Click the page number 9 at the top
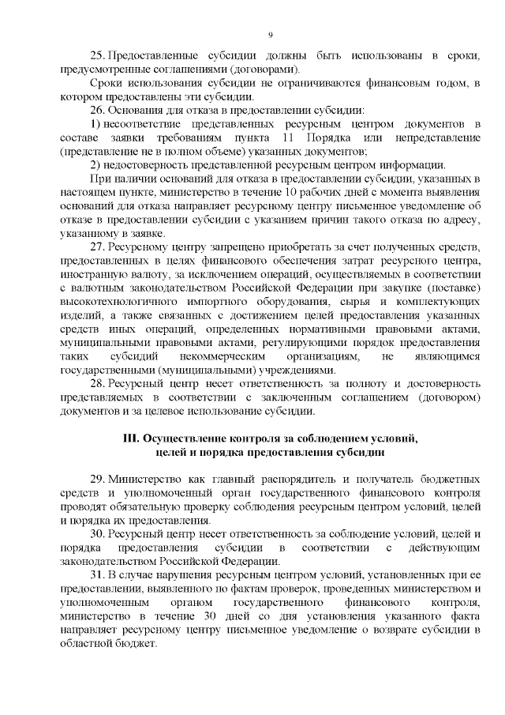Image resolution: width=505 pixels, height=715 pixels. pos(270,35)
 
